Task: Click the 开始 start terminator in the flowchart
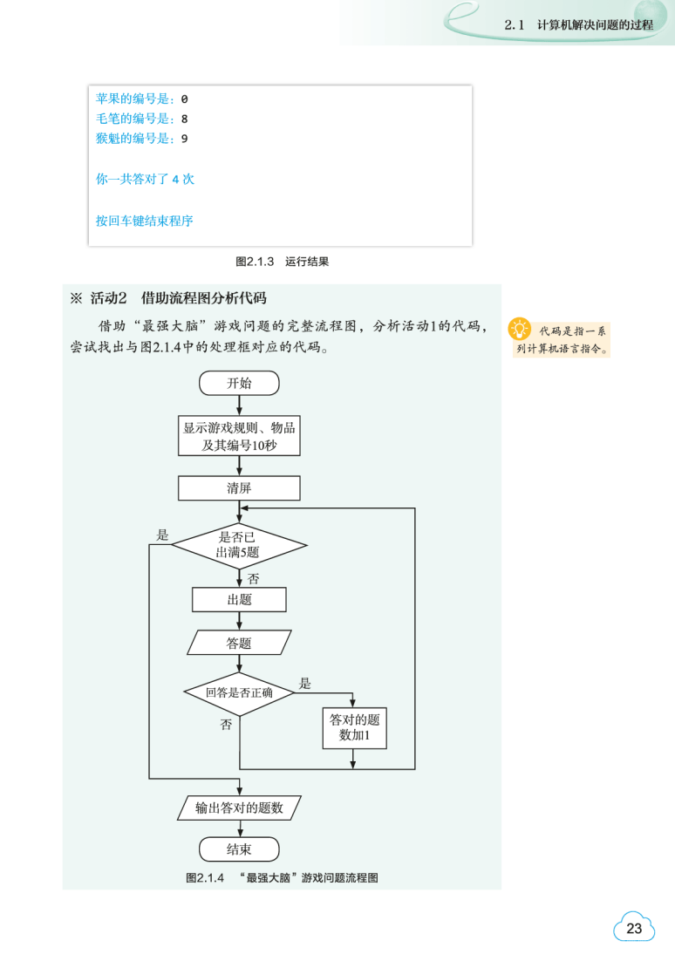239,383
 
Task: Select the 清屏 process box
239,488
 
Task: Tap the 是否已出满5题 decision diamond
239,546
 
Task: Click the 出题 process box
239,600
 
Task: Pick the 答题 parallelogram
239,644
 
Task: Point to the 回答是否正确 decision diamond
239,693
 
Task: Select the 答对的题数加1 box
354,727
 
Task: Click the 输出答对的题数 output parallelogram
239,808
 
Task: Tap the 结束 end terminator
239,849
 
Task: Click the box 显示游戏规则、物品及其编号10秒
239,436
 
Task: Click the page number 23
634,929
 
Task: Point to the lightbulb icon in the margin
521,330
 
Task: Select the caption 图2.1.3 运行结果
282,261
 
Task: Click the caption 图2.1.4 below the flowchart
282,878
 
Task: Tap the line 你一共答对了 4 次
145,179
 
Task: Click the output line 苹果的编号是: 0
141,99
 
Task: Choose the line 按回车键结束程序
145,221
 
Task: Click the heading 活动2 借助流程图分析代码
178,298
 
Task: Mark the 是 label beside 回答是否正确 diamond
305,684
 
